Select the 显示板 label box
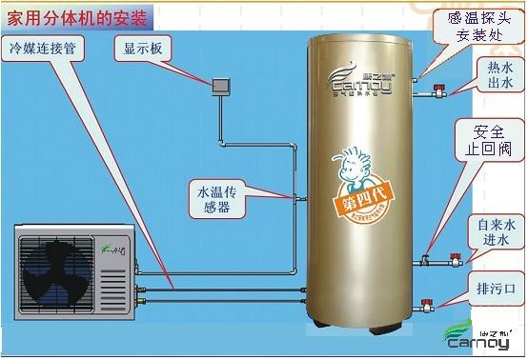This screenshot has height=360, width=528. pos(140,48)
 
